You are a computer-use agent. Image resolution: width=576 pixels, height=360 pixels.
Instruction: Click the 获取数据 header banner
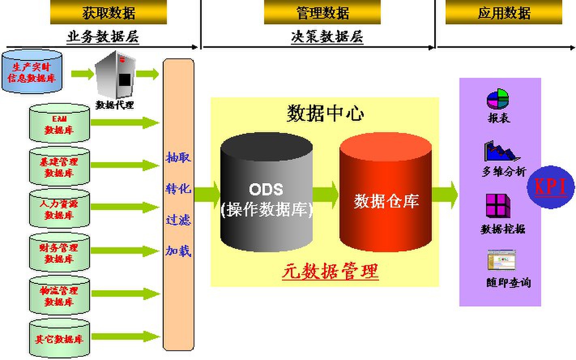[x=108, y=13]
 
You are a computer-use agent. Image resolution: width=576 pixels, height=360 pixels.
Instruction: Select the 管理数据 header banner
[x=322, y=13]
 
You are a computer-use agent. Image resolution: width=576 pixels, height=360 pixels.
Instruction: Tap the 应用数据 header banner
[x=503, y=13]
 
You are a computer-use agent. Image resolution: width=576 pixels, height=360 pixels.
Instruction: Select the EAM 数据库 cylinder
[x=59, y=124]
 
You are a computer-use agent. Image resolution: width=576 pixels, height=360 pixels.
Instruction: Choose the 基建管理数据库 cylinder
[x=59, y=167]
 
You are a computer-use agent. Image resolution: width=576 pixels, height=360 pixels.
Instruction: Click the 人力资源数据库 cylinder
[x=59, y=209]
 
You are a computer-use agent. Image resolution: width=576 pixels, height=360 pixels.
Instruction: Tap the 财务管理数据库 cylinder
[x=59, y=253]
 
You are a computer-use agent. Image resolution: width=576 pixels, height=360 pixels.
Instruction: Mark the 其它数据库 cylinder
[x=59, y=339]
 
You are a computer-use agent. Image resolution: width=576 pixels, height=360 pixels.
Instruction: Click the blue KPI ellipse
[x=551, y=187]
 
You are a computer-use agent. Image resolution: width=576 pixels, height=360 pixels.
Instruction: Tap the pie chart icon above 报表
[x=497, y=99]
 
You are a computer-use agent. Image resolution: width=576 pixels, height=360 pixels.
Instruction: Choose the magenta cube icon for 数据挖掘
[x=498, y=206]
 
